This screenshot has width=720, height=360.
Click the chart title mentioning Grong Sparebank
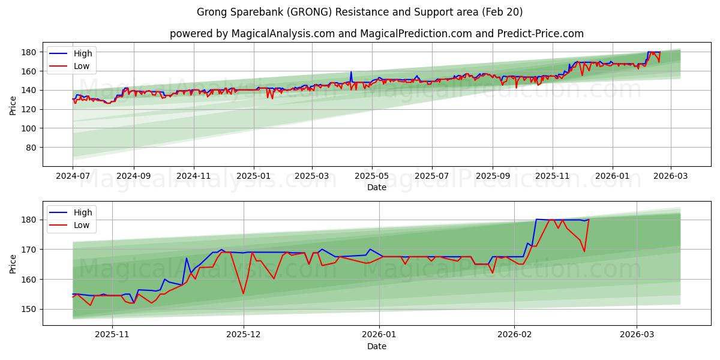(x=360, y=12)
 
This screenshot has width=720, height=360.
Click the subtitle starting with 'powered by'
(x=376, y=34)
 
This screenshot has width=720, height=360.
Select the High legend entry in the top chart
(x=83, y=53)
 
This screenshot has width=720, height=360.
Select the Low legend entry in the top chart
(x=82, y=66)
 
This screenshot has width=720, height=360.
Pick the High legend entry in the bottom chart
(x=83, y=212)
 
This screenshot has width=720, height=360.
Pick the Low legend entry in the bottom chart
(x=82, y=225)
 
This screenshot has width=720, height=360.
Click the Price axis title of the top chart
(x=13, y=104)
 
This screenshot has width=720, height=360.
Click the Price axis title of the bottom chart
(x=13, y=263)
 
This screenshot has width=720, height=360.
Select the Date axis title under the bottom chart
(x=376, y=346)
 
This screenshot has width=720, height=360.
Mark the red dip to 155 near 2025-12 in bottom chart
(x=243, y=293)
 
